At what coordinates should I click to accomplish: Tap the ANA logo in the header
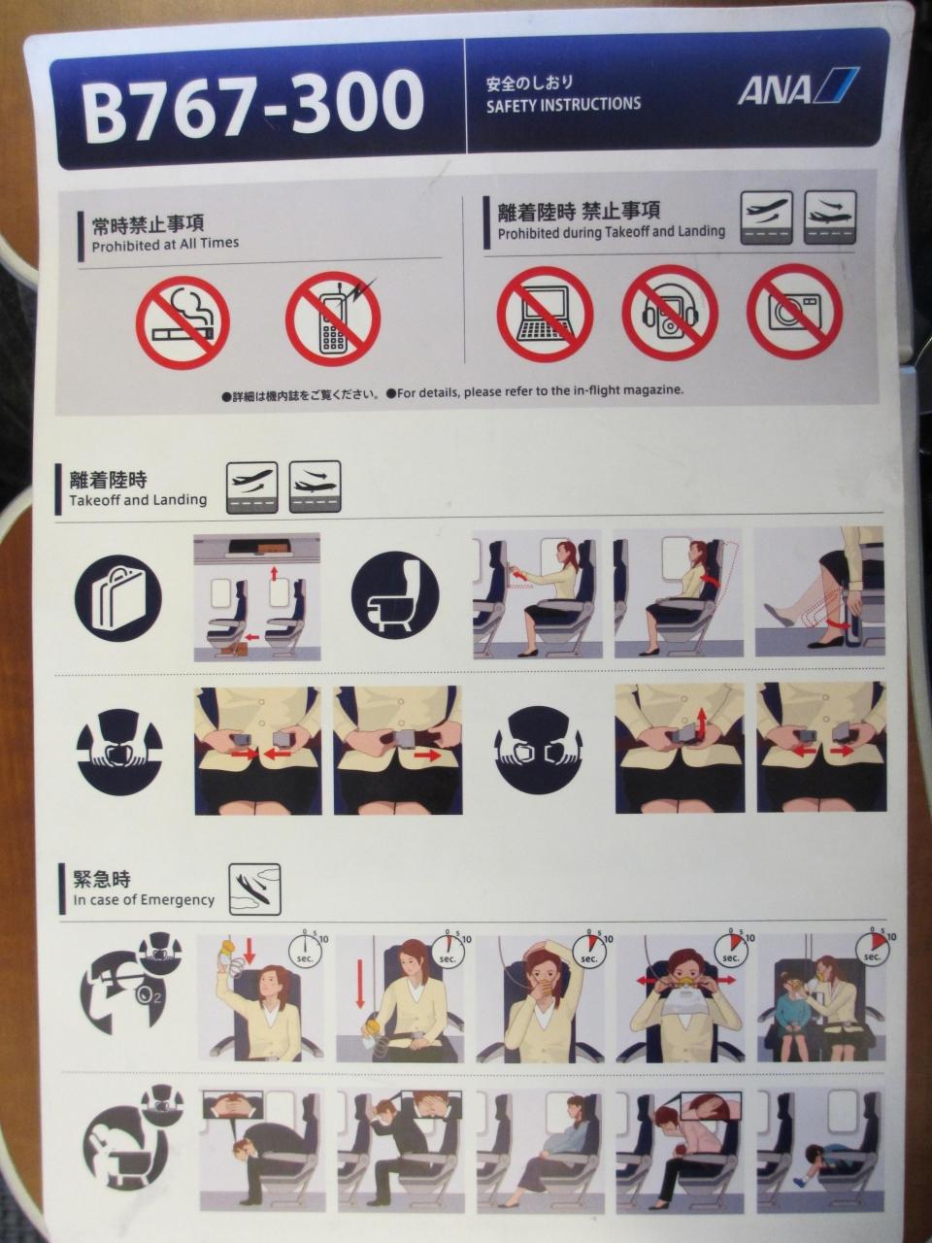click(x=798, y=86)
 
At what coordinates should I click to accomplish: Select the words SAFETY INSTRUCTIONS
click(x=563, y=104)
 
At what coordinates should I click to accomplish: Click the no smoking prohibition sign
click(x=183, y=322)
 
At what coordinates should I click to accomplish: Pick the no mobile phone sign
click(x=333, y=319)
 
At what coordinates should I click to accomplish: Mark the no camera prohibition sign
click(x=794, y=312)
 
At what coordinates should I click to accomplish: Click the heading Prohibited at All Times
click(x=165, y=244)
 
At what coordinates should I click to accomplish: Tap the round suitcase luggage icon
click(x=118, y=598)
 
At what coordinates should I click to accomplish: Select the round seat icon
click(x=395, y=595)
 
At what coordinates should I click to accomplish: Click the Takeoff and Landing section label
click(x=138, y=499)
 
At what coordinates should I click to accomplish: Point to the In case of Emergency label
click(x=144, y=900)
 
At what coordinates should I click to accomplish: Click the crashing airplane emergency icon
click(x=254, y=890)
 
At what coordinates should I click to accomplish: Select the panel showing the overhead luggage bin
click(x=257, y=597)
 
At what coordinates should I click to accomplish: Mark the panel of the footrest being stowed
click(x=819, y=590)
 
